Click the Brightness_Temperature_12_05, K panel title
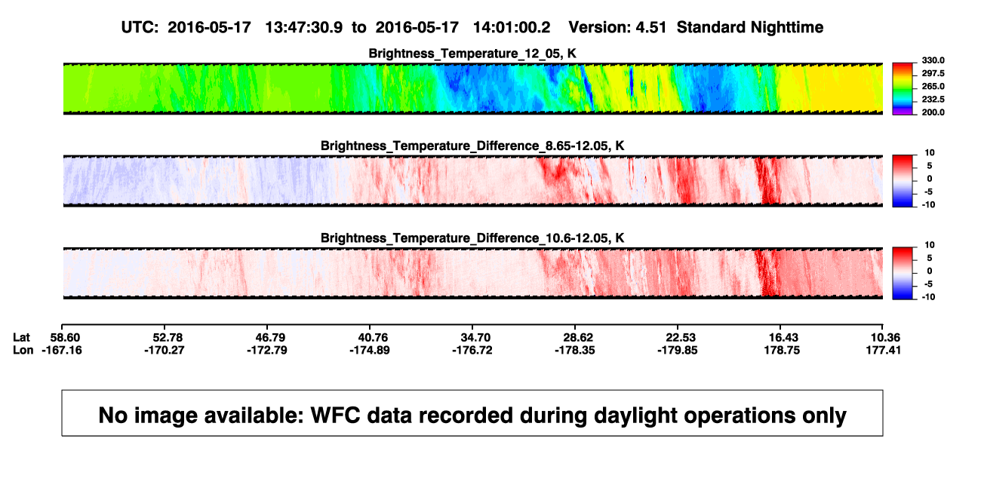[472, 54]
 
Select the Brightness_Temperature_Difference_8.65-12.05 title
[472, 146]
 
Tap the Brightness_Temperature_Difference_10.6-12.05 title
[472, 238]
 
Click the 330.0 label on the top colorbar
[933, 60]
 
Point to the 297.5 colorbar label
[933, 73]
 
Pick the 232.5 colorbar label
[933, 100]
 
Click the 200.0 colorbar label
[933, 112]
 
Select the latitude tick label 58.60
[65, 338]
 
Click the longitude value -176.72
[472, 350]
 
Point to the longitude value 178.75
[782, 350]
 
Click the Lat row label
[21, 338]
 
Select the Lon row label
[23, 350]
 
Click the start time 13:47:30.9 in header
[304, 28]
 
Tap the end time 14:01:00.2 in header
[512, 28]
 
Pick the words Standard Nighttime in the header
[750, 28]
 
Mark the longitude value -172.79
[267, 350]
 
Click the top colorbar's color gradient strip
[903, 89]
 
